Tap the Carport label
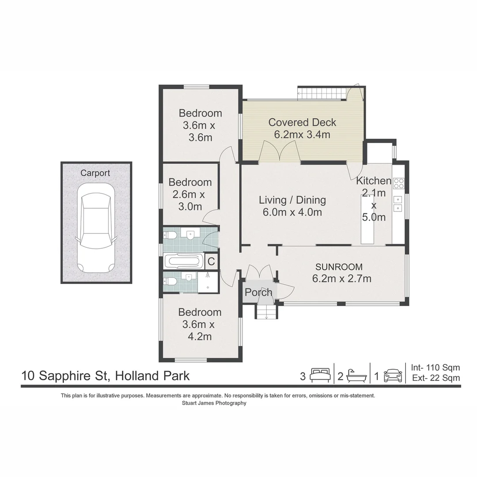(x=95, y=173)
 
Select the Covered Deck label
(x=302, y=122)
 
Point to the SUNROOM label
(x=339, y=267)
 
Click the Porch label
(x=258, y=292)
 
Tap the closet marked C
(x=211, y=261)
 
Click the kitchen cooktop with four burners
(x=399, y=183)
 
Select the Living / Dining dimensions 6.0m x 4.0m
(x=292, y=212)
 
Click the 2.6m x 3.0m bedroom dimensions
(x=190, y=201)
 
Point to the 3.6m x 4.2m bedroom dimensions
(x=199, y=330)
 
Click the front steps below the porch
(x=266, y=311)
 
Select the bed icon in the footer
(x=320, y=375)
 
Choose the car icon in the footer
(x=393, y=376)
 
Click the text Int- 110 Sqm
(x=435, y=367)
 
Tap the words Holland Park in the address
(x=152, y=376)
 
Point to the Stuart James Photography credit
(x=214, y=403)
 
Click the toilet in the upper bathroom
(x=170, y=235)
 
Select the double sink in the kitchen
(x=397, y=204)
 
